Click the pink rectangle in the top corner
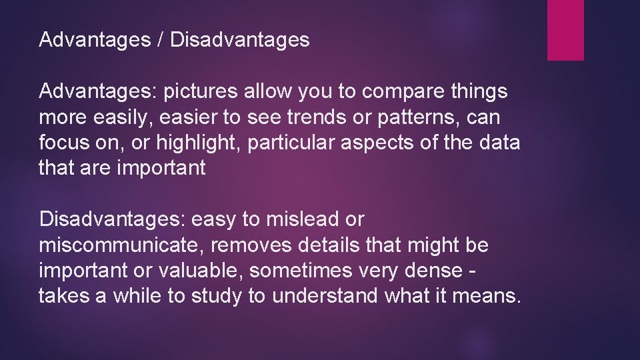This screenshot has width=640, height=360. pos(565,30)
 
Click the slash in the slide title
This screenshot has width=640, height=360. pos(161,41)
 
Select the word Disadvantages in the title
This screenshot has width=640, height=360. pos(240,41)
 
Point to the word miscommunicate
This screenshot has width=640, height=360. pos(122,245)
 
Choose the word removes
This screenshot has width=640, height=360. pos(251,245)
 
